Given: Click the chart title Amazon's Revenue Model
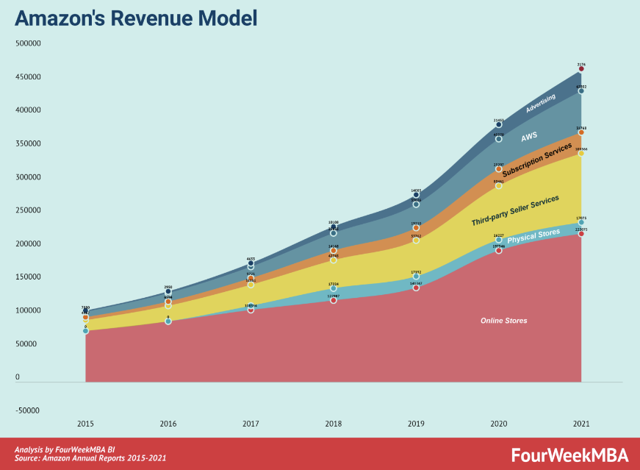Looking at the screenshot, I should [x=136, y=18].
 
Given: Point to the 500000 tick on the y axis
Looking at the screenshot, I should [x=27, y=43].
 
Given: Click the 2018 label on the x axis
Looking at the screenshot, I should [x=334, y=424].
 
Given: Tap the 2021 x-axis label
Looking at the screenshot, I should [x=581, y=424].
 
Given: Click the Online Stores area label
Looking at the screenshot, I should [x=504, y=321].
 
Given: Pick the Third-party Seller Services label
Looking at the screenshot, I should [x=515, y=210].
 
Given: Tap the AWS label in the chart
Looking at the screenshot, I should [x=529, y=138].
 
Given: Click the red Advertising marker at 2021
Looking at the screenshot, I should [x=581, y=69].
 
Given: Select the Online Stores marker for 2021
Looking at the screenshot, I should [x=581, y=234].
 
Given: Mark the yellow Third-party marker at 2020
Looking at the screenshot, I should [x=499, y=186].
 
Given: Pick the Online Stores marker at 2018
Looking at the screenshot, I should [x=334, y=300].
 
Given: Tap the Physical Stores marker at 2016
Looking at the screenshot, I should [x=168, y=321].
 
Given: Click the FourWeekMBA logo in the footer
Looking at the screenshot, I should [x=570, y=454].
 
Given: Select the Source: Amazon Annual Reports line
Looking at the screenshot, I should [x=90, y=459].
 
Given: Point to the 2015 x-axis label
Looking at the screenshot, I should [x=85, y=424].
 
